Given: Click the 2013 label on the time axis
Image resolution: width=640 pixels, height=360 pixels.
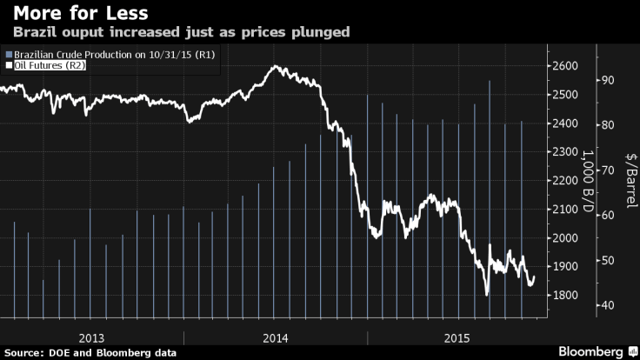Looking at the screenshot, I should point(91,337).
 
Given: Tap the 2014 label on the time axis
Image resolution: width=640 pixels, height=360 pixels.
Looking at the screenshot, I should point(276,337).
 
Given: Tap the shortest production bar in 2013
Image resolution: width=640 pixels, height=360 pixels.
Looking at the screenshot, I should point(43,301).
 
